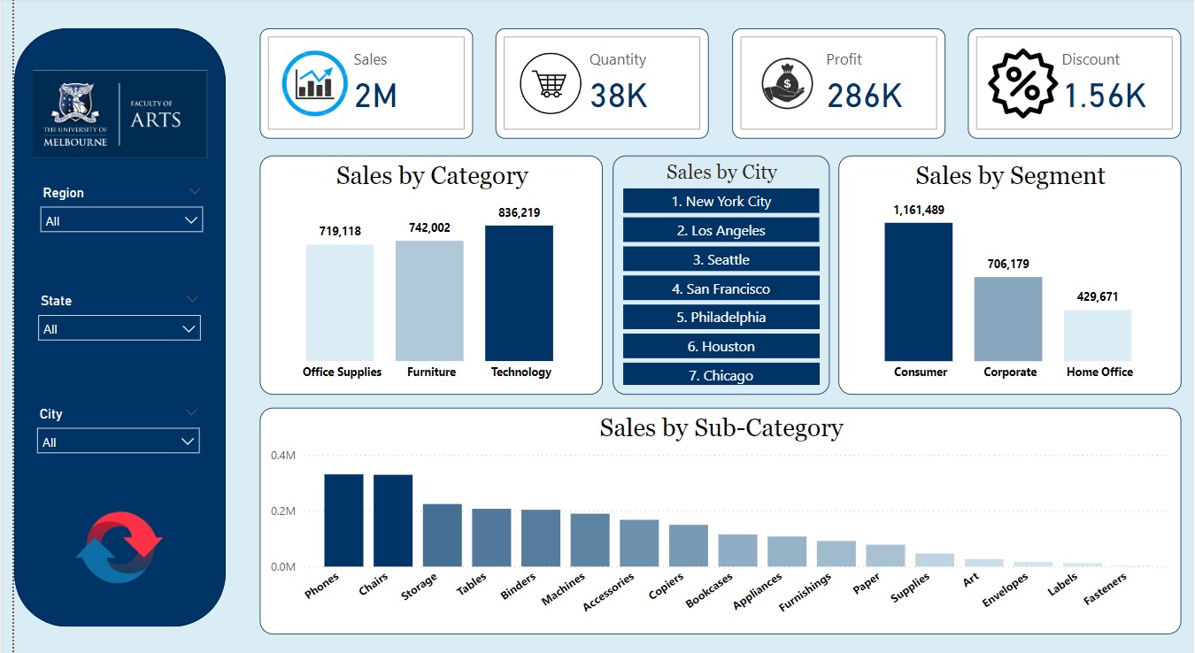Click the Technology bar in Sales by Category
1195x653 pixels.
tap(519, 293)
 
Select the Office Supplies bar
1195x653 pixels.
tap(340, 302)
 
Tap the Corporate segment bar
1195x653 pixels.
tap(1008, 319)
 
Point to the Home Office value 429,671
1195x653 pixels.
tap(1098, 297)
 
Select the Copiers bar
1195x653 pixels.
tap(689, 545)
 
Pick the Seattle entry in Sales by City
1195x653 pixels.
tap(721, 260)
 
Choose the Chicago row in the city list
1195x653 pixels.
tap(721, 375)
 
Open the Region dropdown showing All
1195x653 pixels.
tap(121, 220)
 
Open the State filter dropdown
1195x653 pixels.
tap(119, 329)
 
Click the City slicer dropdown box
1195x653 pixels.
tap(119, 442)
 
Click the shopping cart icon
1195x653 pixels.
tap(550, 84)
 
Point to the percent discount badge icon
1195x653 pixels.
tap(1022, 84)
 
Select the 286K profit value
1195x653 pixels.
tap(864, 96)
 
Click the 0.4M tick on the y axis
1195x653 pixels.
tap(283, 456)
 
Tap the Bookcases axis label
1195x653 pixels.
tap(708, 591)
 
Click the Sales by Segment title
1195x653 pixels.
tap(1010, 176)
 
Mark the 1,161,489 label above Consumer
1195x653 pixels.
tap(919, 210)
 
